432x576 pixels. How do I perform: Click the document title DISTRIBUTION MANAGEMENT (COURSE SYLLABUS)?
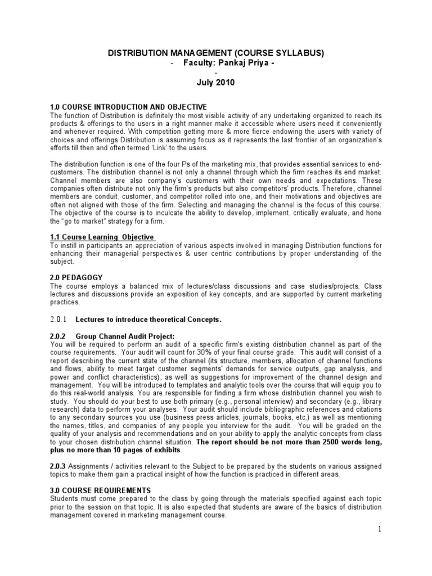[216, 53]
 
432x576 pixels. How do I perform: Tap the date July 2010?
[216, 82]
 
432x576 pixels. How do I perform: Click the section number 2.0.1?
[58, 320]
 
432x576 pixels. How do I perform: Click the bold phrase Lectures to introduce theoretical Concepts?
[148, 320]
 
